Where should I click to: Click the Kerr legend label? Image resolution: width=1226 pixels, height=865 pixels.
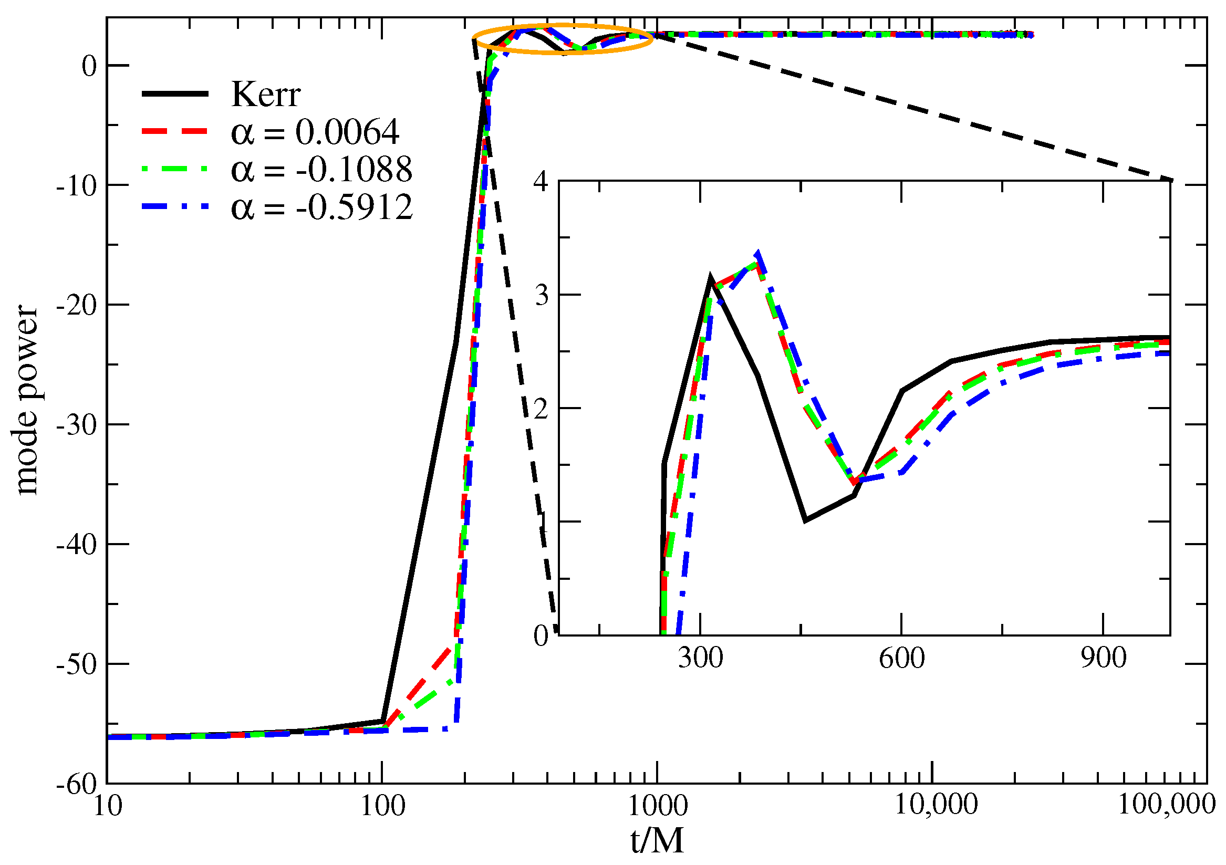pos(265,95)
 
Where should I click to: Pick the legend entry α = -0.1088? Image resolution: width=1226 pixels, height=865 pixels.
pos(321,169)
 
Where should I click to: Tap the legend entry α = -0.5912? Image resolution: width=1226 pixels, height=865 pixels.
pos(321,207)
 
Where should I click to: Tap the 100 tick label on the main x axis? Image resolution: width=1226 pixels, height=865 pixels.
pos(382,806)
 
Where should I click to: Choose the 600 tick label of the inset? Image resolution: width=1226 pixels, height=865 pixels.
pos(901,658)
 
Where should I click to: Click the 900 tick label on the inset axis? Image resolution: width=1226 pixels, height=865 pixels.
pos(1103,658)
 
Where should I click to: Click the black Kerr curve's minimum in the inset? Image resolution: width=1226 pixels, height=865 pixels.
pos(805,520)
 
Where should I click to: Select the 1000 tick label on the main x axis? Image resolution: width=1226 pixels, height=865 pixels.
pos(657,806)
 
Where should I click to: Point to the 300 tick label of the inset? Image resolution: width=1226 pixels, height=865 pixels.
pos(700,658)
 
